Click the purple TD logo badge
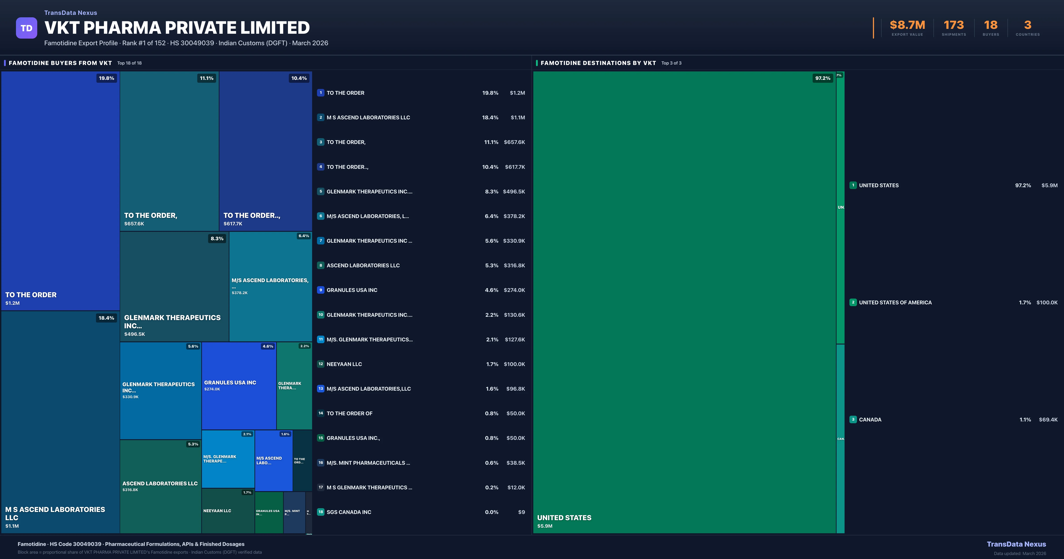(26, 28)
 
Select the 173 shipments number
(954, 25)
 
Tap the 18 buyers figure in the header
(990, 25)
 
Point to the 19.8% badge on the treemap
(107, 78)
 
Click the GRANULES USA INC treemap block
(239, 385)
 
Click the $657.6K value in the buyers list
(514, 142)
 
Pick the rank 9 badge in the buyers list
(321, 290)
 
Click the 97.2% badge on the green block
(822, 78)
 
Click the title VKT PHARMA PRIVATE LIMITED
(177, 28)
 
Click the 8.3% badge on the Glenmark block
(217, 238)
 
